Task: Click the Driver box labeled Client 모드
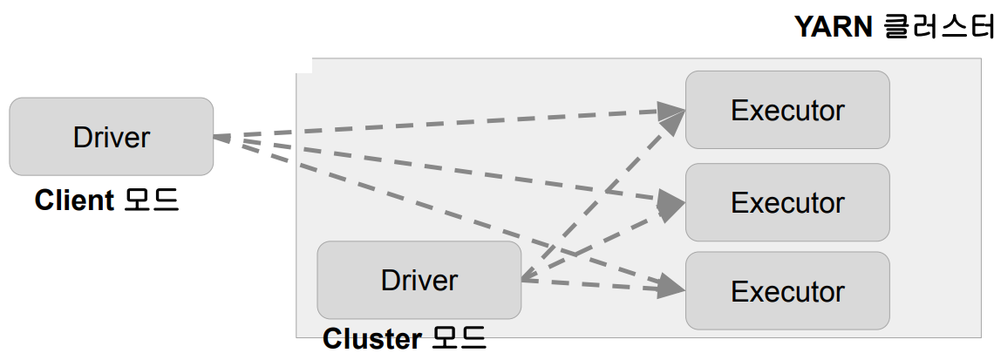coord(111,137)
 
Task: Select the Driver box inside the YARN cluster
coord(419,280)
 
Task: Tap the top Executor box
coord(787,110)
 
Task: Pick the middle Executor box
coord(787,202)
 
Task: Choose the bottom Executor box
coord(787,291)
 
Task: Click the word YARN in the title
coord(833,27)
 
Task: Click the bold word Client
coord(74,200)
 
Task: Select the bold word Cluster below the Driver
coord(364,339)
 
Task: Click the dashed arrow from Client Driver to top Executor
coord(436,123)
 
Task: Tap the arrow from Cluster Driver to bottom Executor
coord(602,284)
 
